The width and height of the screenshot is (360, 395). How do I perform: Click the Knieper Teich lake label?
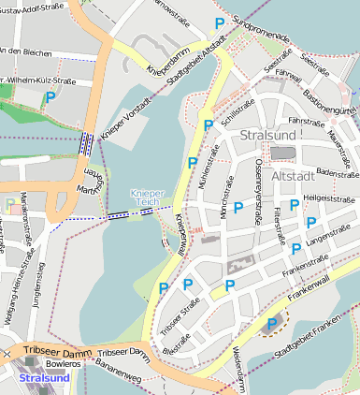pyautogui.click(x=147, y=198)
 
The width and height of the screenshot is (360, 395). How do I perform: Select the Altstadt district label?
pyautogui.click(x=296, y=175)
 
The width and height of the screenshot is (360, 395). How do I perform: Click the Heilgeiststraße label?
pyautogui.click(x=326, y=198)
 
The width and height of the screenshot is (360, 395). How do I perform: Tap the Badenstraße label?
pyautogui.click(x=337, y=171)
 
